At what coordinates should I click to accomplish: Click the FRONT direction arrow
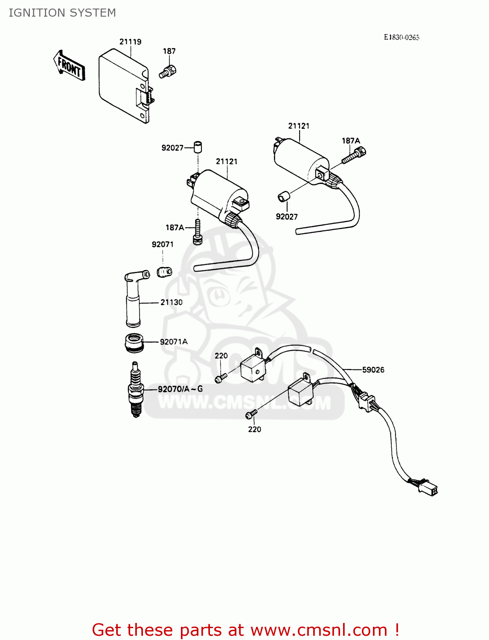69,66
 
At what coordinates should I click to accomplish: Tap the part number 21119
130,42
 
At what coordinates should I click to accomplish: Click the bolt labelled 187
168,71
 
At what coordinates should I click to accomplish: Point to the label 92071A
174,342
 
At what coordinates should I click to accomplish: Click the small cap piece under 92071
164,271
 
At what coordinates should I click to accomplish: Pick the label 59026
373,370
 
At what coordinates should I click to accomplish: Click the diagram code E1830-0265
401,38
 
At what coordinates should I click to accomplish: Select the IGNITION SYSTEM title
62,13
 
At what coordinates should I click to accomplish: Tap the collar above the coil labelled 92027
198,146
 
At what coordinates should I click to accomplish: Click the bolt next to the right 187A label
355,155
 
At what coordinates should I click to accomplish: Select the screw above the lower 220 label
251,413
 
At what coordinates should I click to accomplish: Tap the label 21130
172,303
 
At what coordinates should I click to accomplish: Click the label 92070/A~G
180,389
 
